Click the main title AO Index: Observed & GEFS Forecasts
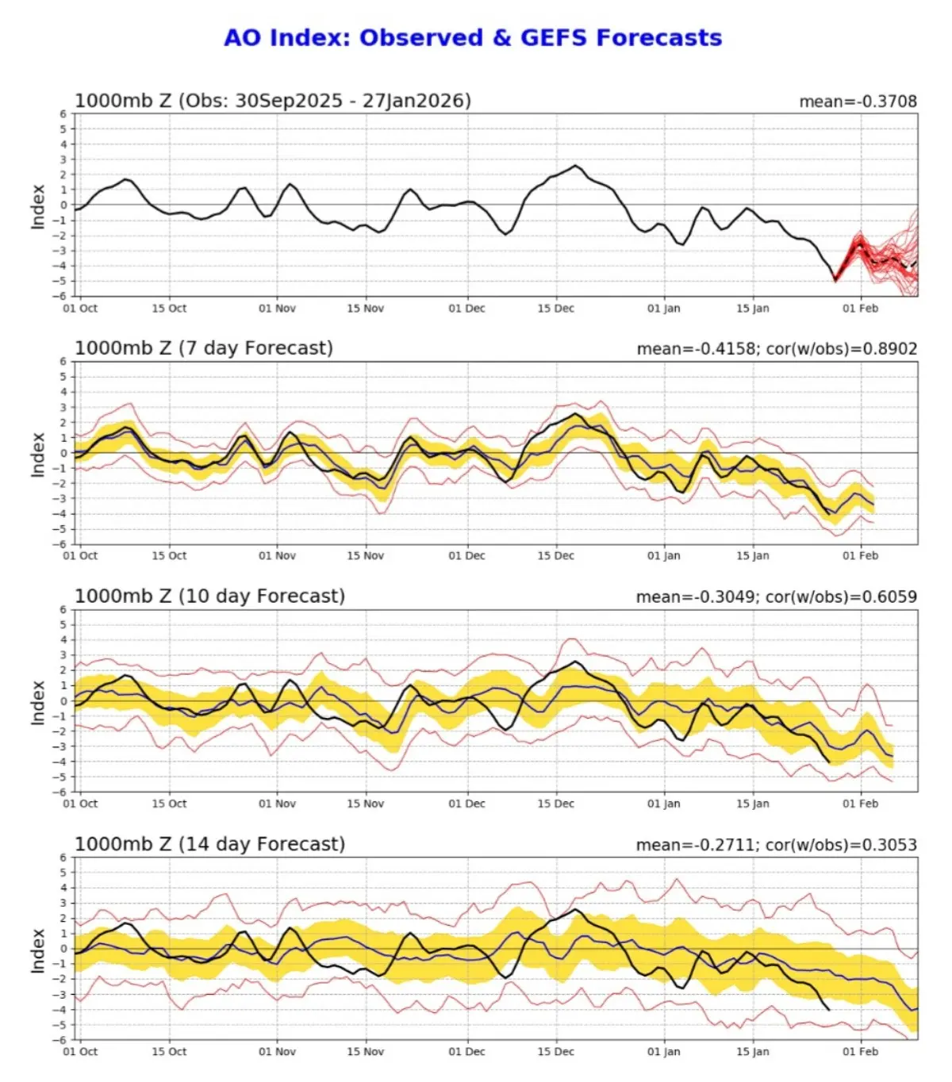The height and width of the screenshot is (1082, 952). tap(473, 37)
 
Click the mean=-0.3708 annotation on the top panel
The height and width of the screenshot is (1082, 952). tap(858, 102)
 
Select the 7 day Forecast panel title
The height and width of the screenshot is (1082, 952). tap(204, 348)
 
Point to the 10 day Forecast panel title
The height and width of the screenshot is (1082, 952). tap(209, 597)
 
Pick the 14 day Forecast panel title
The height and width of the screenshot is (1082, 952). tap(209, 844)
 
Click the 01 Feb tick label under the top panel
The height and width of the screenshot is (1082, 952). tap(860, 309)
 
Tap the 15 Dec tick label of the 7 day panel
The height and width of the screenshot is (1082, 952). tap(555, 556)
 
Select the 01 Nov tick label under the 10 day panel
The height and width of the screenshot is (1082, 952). tap(277, 804)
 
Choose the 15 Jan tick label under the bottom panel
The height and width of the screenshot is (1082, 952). tap(752, 1052)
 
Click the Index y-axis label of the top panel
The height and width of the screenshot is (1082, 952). tap(37, 206)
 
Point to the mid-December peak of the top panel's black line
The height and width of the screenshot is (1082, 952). tap(575, 166)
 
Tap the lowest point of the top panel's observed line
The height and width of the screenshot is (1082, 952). tap(835, 279)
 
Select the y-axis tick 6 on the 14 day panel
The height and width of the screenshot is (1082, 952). tap(63, 858)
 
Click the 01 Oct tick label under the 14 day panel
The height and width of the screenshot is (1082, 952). tap(80, 1052)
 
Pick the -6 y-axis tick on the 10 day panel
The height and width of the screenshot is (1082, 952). tap(61, 792)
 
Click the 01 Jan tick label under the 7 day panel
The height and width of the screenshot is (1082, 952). tap(663, 556)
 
